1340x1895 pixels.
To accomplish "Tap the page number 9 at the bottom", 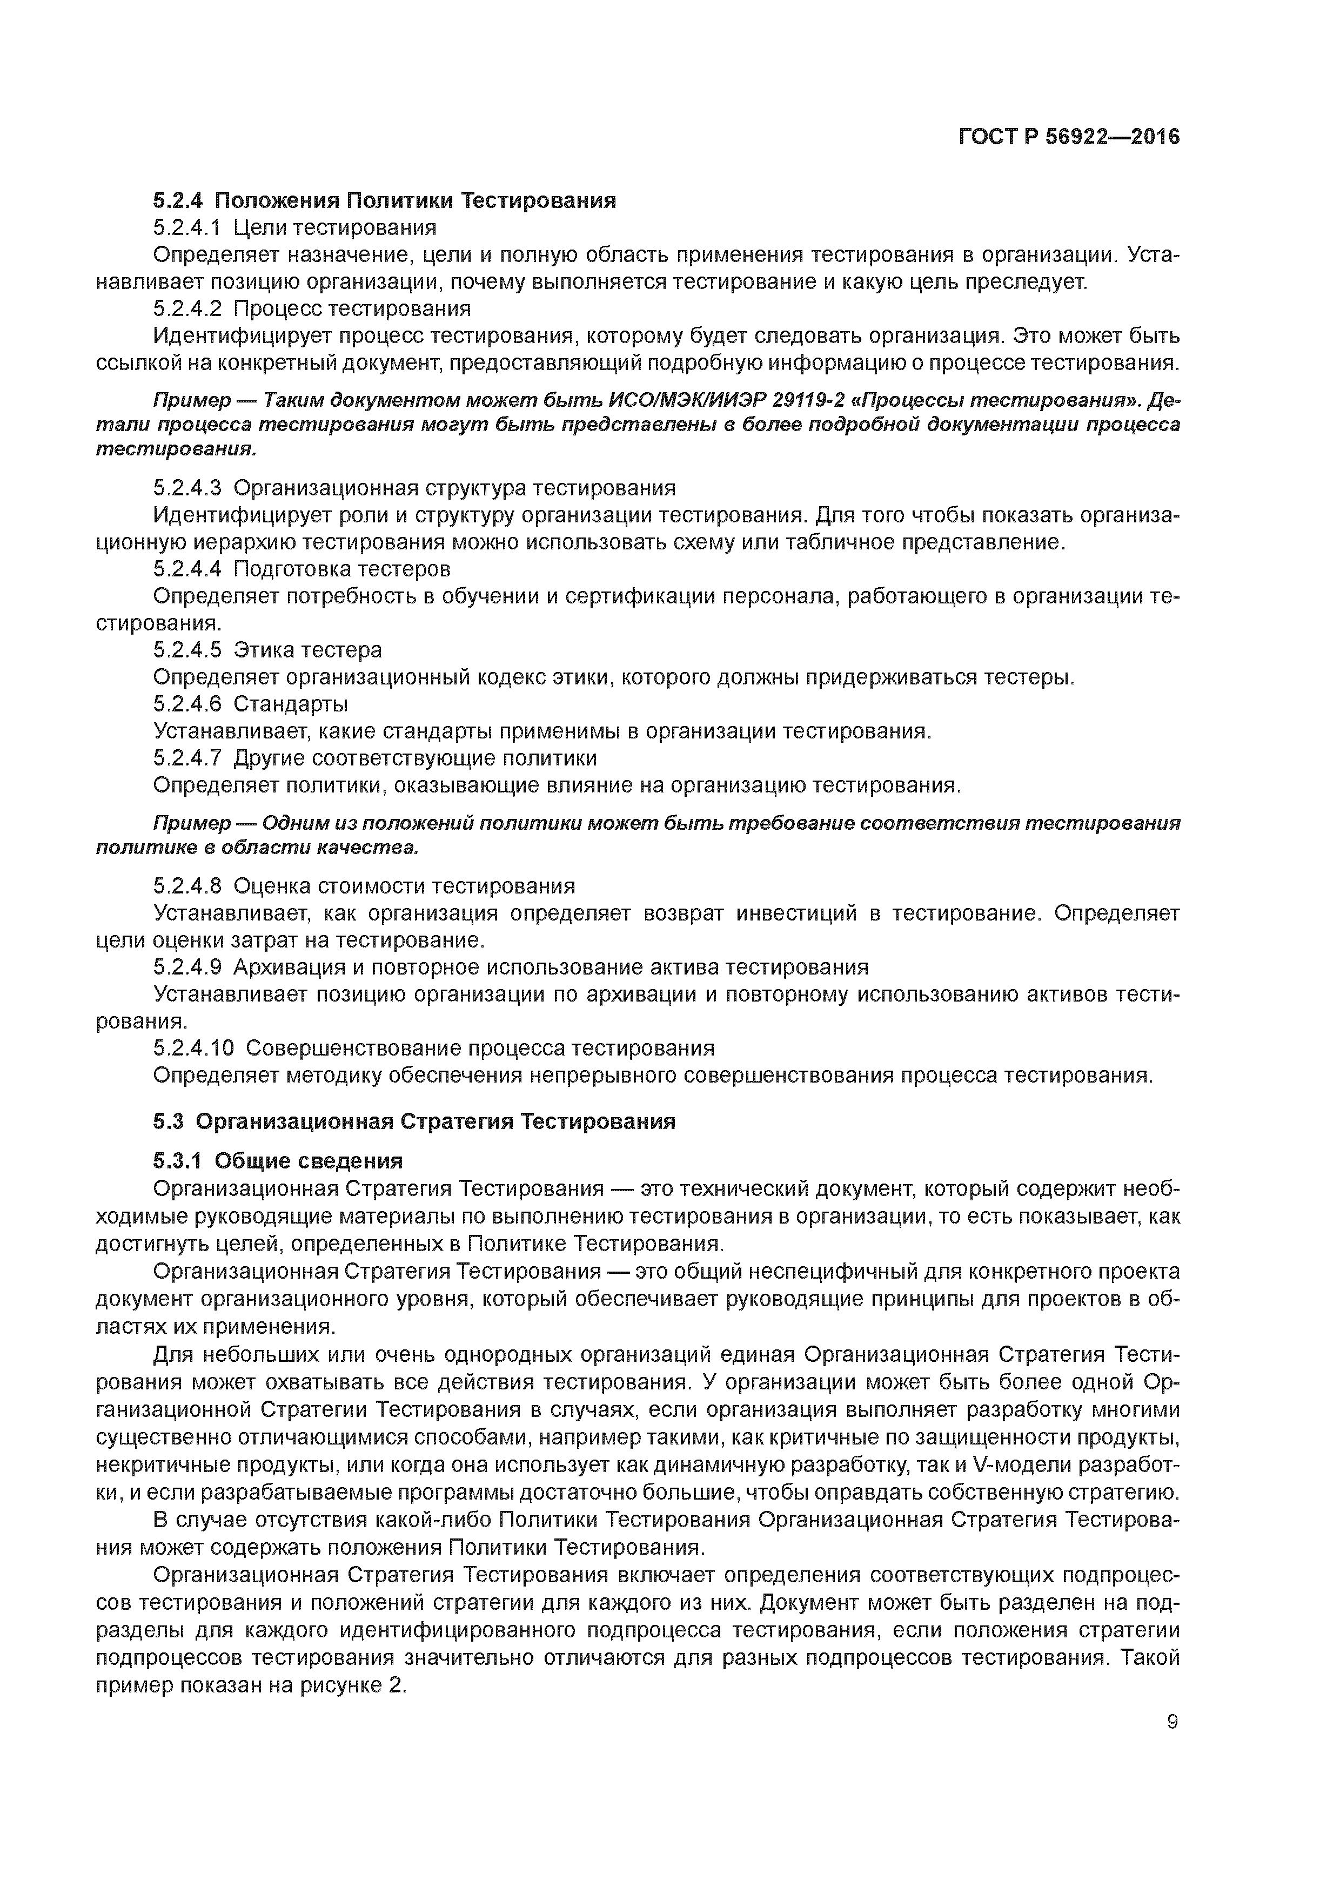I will tap(1172, 1722).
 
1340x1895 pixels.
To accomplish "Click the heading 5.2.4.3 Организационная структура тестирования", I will tap(414, 488).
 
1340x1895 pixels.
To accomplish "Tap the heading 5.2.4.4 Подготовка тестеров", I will tap(302, 569).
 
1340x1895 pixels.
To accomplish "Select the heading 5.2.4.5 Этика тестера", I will tap(267, 649).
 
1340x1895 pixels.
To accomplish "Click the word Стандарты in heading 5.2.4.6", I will tap(291, 704).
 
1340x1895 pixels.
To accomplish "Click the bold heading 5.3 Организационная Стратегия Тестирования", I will tap(414, 1121).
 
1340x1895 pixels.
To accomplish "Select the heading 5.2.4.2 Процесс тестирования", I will tap(312, 308).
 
